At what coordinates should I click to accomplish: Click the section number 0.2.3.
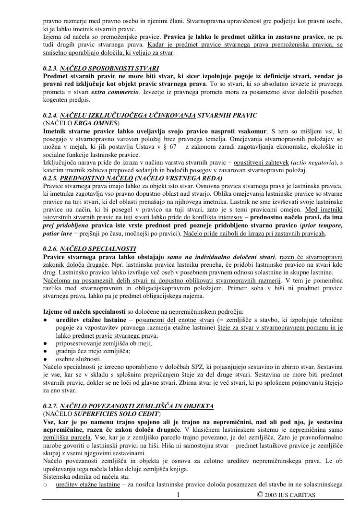[50, 69]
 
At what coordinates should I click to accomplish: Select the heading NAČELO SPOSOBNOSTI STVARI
[109, 69]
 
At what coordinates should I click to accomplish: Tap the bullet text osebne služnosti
[79, 359]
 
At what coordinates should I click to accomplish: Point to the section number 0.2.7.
[50, 406]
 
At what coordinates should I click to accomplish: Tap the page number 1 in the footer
[178, 495]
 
